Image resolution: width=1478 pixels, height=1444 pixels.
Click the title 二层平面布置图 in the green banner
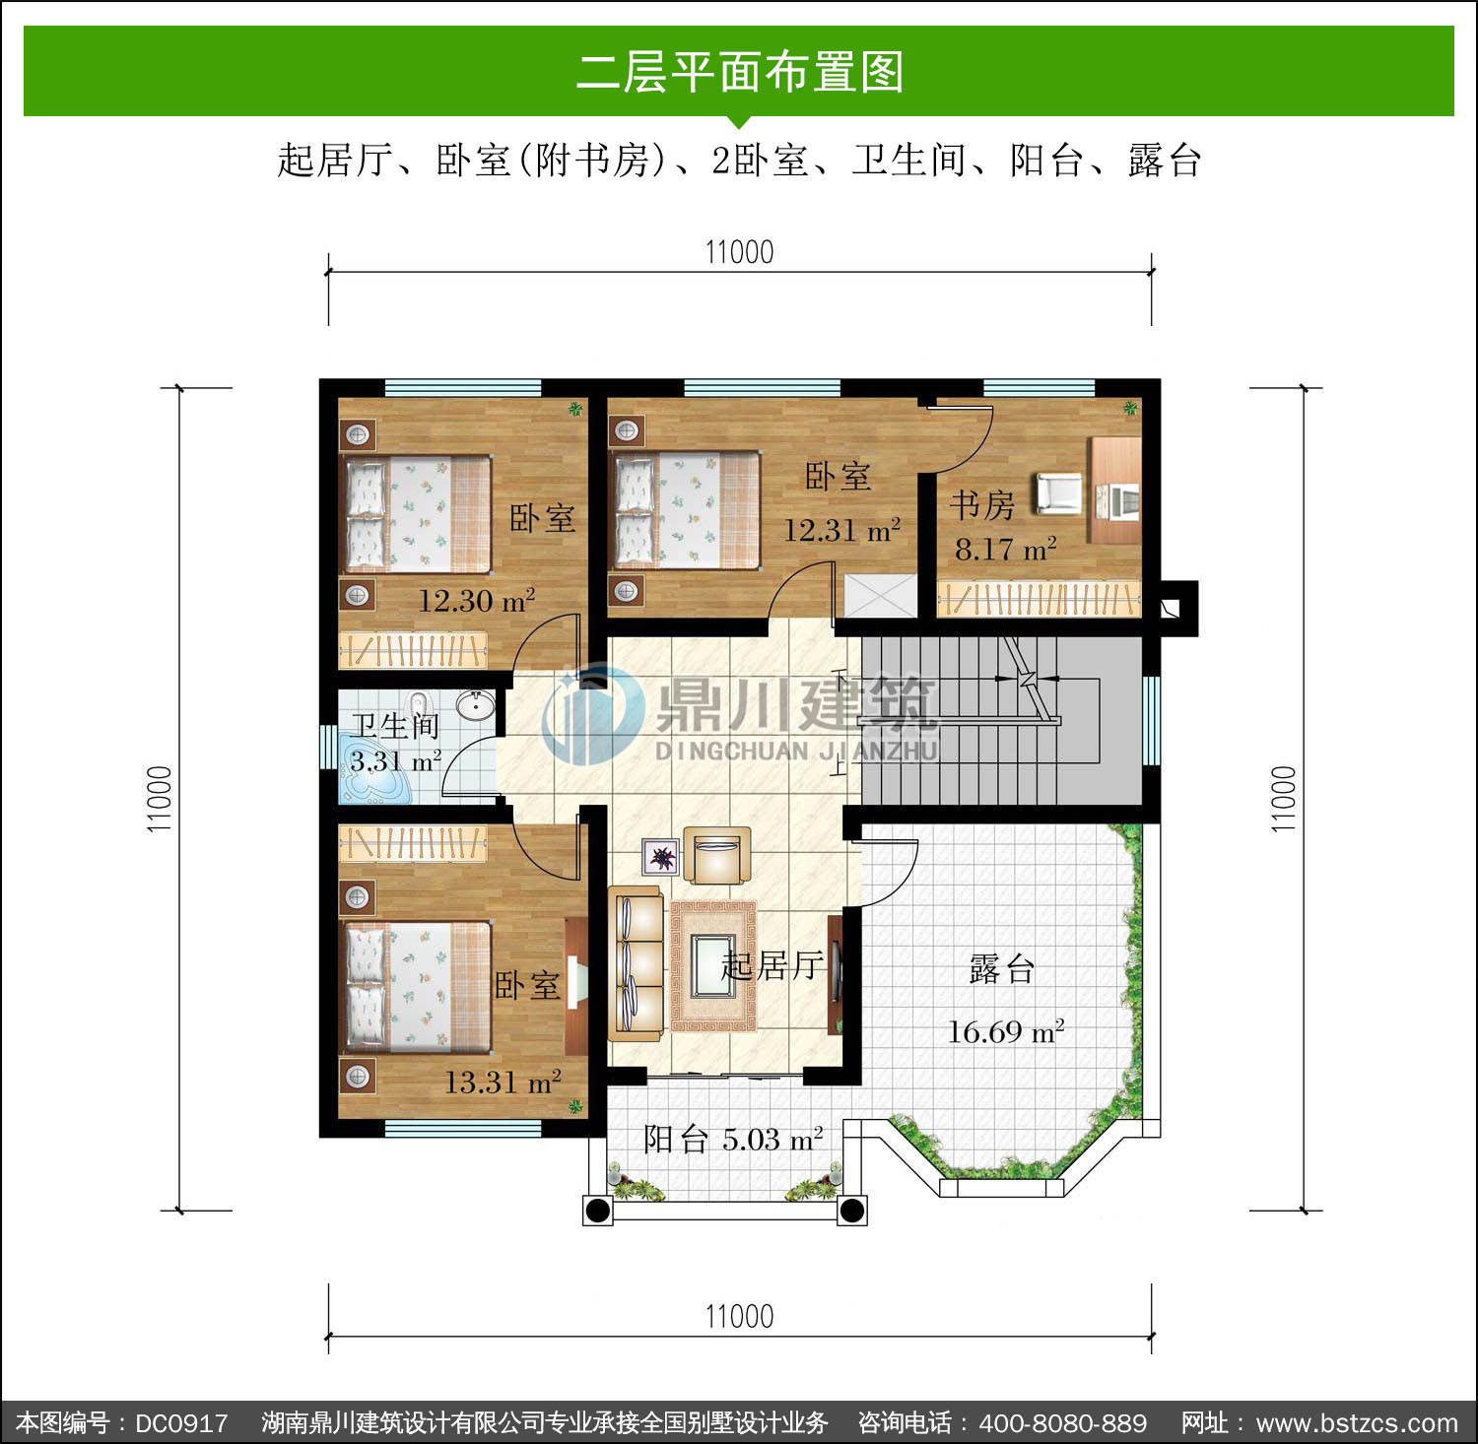coord(739,72)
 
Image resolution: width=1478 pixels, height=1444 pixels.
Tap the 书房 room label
coord(982,505)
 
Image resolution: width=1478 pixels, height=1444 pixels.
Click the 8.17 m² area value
coord(1006,549)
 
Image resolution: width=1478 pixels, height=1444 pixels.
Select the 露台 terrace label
coord(1002,969)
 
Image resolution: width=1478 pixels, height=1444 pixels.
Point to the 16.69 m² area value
coord(1006,1031)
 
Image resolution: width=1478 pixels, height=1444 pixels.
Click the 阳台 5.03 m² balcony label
coord(733,1140)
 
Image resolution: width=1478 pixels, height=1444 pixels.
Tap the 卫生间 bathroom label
coord(395,726)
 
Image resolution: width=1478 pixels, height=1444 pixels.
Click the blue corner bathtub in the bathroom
coord(375,777)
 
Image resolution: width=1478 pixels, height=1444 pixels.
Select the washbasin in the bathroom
coord(476,704)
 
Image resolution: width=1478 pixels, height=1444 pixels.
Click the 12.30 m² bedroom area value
coord(477,600)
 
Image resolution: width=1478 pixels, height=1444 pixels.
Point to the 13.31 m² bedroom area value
coord(503,1083)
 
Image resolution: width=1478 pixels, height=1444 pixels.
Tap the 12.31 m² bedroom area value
coord(842,531)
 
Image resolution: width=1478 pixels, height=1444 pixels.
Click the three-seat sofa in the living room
coord(636,963)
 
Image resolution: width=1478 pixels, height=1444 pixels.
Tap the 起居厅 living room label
coord(773,965)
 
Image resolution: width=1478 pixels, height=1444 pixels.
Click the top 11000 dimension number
coord(739,252)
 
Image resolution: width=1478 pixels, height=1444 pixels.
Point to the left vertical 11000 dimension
coord(160,799)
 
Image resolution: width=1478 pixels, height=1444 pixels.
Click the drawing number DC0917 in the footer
coord(181,1423)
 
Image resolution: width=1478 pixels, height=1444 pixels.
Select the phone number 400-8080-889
coord(1063,1423)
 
